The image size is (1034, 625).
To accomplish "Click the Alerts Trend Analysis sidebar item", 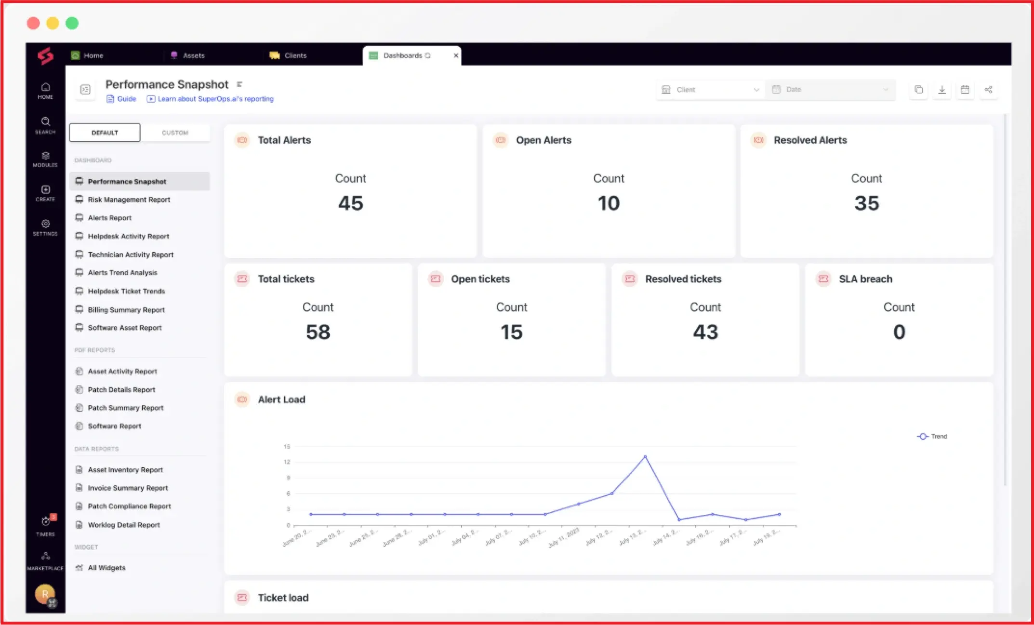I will (x=122, y=273).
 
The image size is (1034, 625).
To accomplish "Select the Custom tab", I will (x=175, y=133).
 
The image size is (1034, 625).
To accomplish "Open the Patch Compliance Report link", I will (x=129, y=506).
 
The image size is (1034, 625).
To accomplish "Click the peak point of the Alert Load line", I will (x=645, y=457).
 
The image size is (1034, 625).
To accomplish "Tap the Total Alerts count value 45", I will (x=350, y=203).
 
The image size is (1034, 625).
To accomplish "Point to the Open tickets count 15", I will (x=511, y=332).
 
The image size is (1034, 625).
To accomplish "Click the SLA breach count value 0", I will (x=899, y=332).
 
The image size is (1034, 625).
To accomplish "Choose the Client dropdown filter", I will (x=710, y=90).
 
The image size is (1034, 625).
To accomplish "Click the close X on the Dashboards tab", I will (x=456, y=55).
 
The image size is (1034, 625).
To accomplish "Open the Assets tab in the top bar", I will (x=193, y=55).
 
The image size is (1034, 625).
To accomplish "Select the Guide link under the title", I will (x=126, y=99).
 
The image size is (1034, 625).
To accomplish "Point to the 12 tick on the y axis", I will (x=287, y=462).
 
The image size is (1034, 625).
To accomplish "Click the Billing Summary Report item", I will (x=126, y=310).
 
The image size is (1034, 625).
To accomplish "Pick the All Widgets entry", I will (x=106, y=568).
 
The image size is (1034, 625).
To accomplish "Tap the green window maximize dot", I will (x=72, y=23).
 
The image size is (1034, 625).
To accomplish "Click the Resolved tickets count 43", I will (x=705, y=332).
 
